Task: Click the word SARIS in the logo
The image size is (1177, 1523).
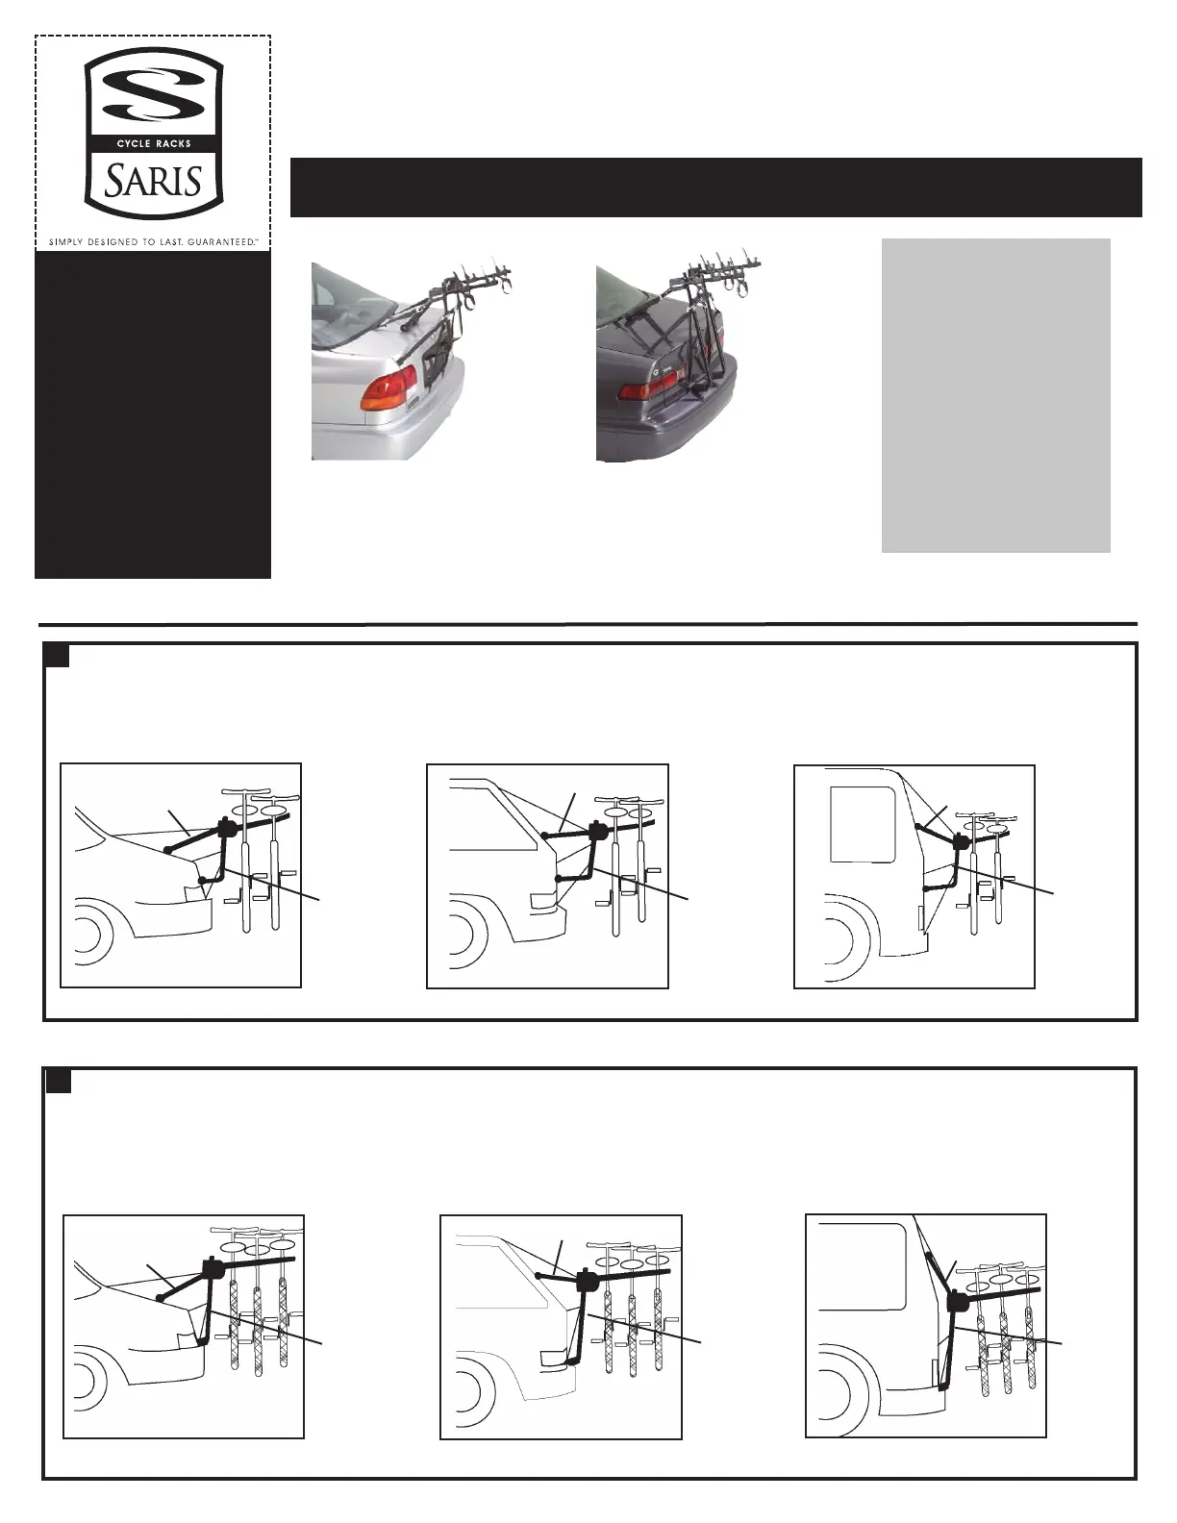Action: pyautogui.click(x=154, y=182)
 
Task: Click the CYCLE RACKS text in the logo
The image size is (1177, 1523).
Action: pyautogui.click(x=154, y=143)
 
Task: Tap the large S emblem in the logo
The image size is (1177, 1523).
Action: pyautogui.click(x=154, y=93)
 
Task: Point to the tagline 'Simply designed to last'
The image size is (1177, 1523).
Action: pyautogui.click(x=154, y=241)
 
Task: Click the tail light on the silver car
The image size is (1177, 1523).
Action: pyautogui.click(x=388, y=391)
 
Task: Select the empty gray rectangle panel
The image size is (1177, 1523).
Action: pyautogui.click(x=995, y=395)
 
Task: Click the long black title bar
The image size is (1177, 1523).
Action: pyautogui.click(x=715, y=187)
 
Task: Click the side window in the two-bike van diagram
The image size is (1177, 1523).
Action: pyautogui.click(x=863, y=824)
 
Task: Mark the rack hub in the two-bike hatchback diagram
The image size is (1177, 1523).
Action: pyautogui.click(x=599, y=832)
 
